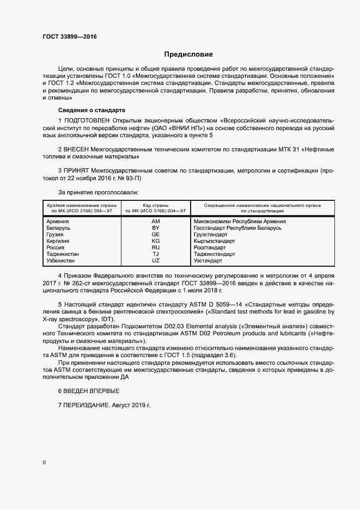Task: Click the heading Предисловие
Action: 188,54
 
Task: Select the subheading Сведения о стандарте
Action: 84,110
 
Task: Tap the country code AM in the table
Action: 155,222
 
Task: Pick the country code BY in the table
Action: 155,228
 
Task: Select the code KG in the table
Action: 155,241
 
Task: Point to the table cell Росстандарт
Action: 210,248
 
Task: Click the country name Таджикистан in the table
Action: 63,254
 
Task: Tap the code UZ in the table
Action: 155,261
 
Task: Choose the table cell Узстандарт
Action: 209,261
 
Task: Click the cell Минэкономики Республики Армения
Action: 240,222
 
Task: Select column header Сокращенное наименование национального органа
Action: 262,205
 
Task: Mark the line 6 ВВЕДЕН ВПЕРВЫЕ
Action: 89,391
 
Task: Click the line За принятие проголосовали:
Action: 98,192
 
